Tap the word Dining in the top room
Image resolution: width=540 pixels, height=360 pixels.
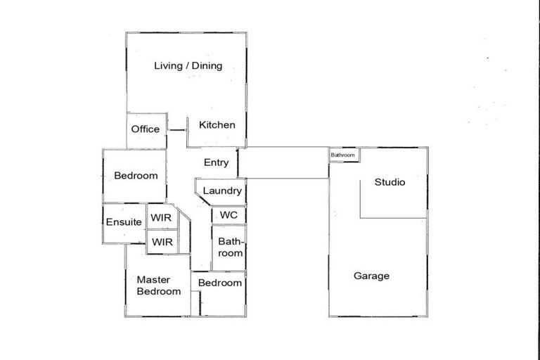click(207, 66)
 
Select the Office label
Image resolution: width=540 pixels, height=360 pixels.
click(146, 129)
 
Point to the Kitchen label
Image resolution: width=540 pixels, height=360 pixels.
click(217, 125)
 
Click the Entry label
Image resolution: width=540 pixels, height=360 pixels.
click(216, 162)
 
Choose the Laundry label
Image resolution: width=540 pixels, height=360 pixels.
click(222, 191)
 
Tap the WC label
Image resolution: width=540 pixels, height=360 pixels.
click(229, 215)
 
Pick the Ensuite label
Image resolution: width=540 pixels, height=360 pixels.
click(124, 222)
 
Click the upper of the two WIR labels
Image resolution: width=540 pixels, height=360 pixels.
click(162, 218)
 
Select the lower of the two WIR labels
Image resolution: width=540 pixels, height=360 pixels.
click(162, 242)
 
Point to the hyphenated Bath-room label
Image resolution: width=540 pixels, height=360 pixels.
click(230, 247)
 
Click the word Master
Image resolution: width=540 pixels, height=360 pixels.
click(154, 279)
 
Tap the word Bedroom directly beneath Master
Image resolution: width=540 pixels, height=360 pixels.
click(158, 291)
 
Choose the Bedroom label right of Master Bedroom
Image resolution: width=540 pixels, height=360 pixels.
click(220, 283)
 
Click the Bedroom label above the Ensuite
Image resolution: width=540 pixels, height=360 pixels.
click(136, 176)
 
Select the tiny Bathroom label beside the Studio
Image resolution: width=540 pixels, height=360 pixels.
click(343, 155)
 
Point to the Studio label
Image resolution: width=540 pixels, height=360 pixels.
click(390, 182)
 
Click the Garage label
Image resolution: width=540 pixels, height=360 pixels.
click(371, 276)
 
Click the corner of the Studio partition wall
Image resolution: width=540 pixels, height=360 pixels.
click(361, 217)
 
